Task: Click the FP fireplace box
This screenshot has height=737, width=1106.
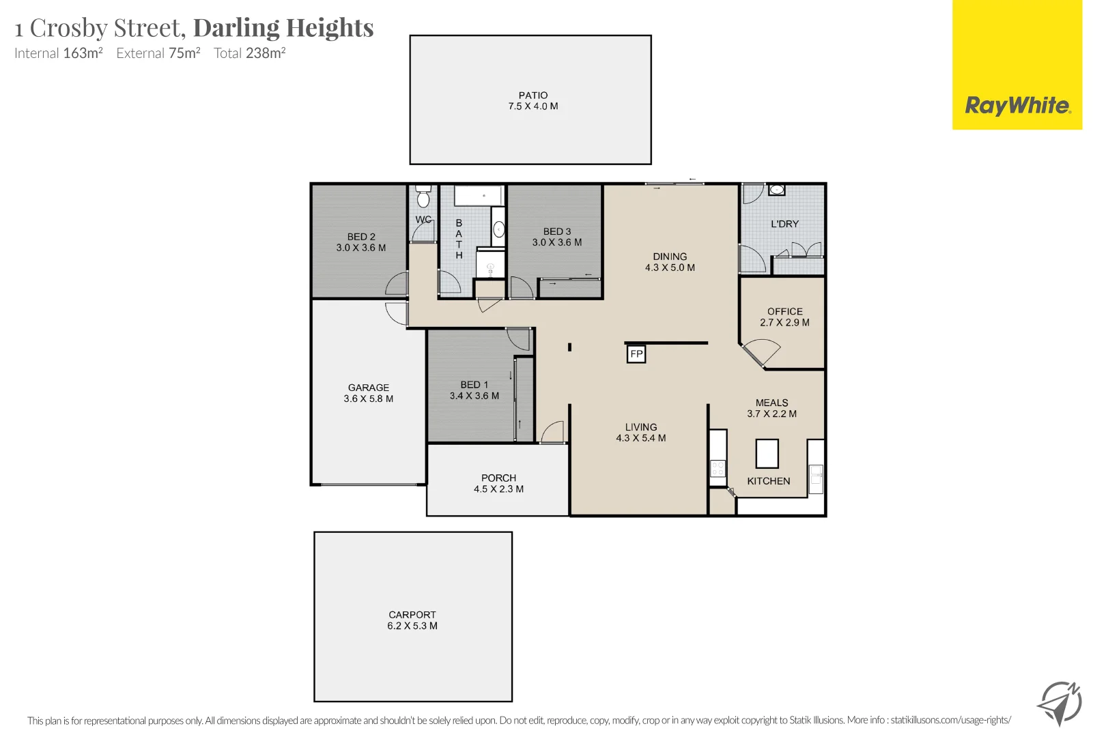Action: click(636, 353)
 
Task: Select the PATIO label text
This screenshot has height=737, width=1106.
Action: click(533, 96)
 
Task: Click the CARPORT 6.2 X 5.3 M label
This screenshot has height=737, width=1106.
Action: click(412, 620)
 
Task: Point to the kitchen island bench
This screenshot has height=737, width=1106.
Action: click(767, 453)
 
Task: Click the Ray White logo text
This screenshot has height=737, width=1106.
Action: click(1017, 106)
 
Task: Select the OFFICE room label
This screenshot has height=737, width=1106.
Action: click(784, 311)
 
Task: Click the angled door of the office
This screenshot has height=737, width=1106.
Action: click(759, 355)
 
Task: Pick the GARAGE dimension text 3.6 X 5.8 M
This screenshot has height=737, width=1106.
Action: click(368, 399)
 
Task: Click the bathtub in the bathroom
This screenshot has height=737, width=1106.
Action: click(479, 196)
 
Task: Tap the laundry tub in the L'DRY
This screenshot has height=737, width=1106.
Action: click(777, 190)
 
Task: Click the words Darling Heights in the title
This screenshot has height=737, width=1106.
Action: click(283, 28)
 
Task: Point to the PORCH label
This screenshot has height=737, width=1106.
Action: click(498, 478)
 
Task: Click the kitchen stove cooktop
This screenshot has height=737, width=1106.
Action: click(718, 468)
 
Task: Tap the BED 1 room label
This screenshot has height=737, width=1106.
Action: click(474, 385)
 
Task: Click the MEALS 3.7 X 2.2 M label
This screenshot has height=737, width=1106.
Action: click(771, 408)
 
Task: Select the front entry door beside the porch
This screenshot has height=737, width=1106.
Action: click(553, 433)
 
